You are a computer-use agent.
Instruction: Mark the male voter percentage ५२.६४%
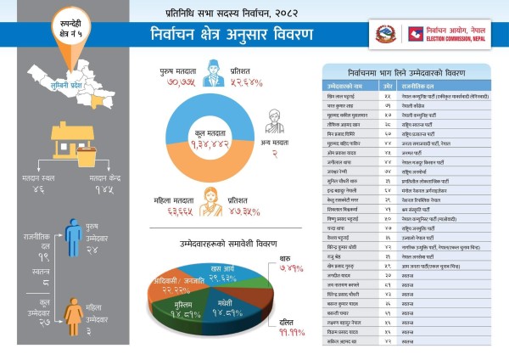243,82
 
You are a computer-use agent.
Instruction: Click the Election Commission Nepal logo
416,34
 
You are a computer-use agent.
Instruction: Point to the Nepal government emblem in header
384,34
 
